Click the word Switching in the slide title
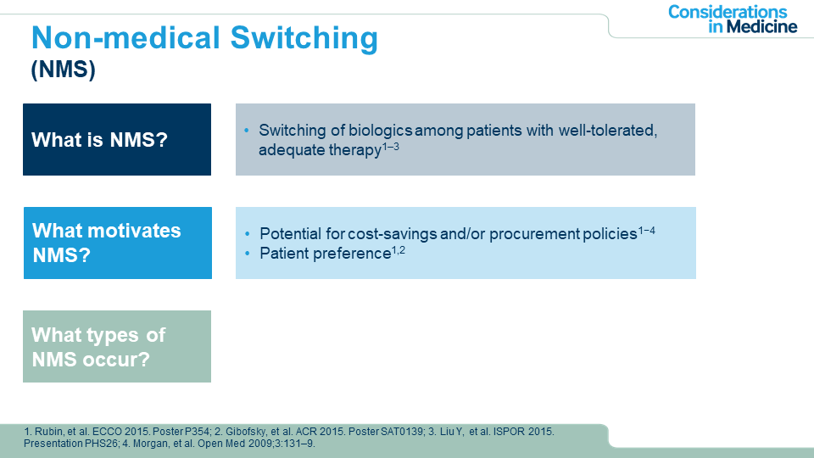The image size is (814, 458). pos(304,38)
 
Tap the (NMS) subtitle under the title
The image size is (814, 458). pos(64,69)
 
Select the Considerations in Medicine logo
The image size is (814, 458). pos(733,20)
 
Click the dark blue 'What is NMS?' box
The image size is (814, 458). pos(117,139)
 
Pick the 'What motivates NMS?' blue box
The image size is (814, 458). pos(118,243)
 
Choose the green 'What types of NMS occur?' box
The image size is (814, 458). pos(117,346)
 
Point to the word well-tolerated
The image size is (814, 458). pos(608,131)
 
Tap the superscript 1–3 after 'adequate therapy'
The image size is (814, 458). pos(391,147)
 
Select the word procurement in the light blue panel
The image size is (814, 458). pos(534,234)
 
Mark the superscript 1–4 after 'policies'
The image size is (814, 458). pos(647,230)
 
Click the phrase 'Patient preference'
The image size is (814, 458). pos(325,254)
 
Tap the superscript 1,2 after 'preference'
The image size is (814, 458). pos(399,250)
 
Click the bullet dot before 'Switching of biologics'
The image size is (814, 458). pos(247,130)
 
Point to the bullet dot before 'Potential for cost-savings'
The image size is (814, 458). pos(248,234)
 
